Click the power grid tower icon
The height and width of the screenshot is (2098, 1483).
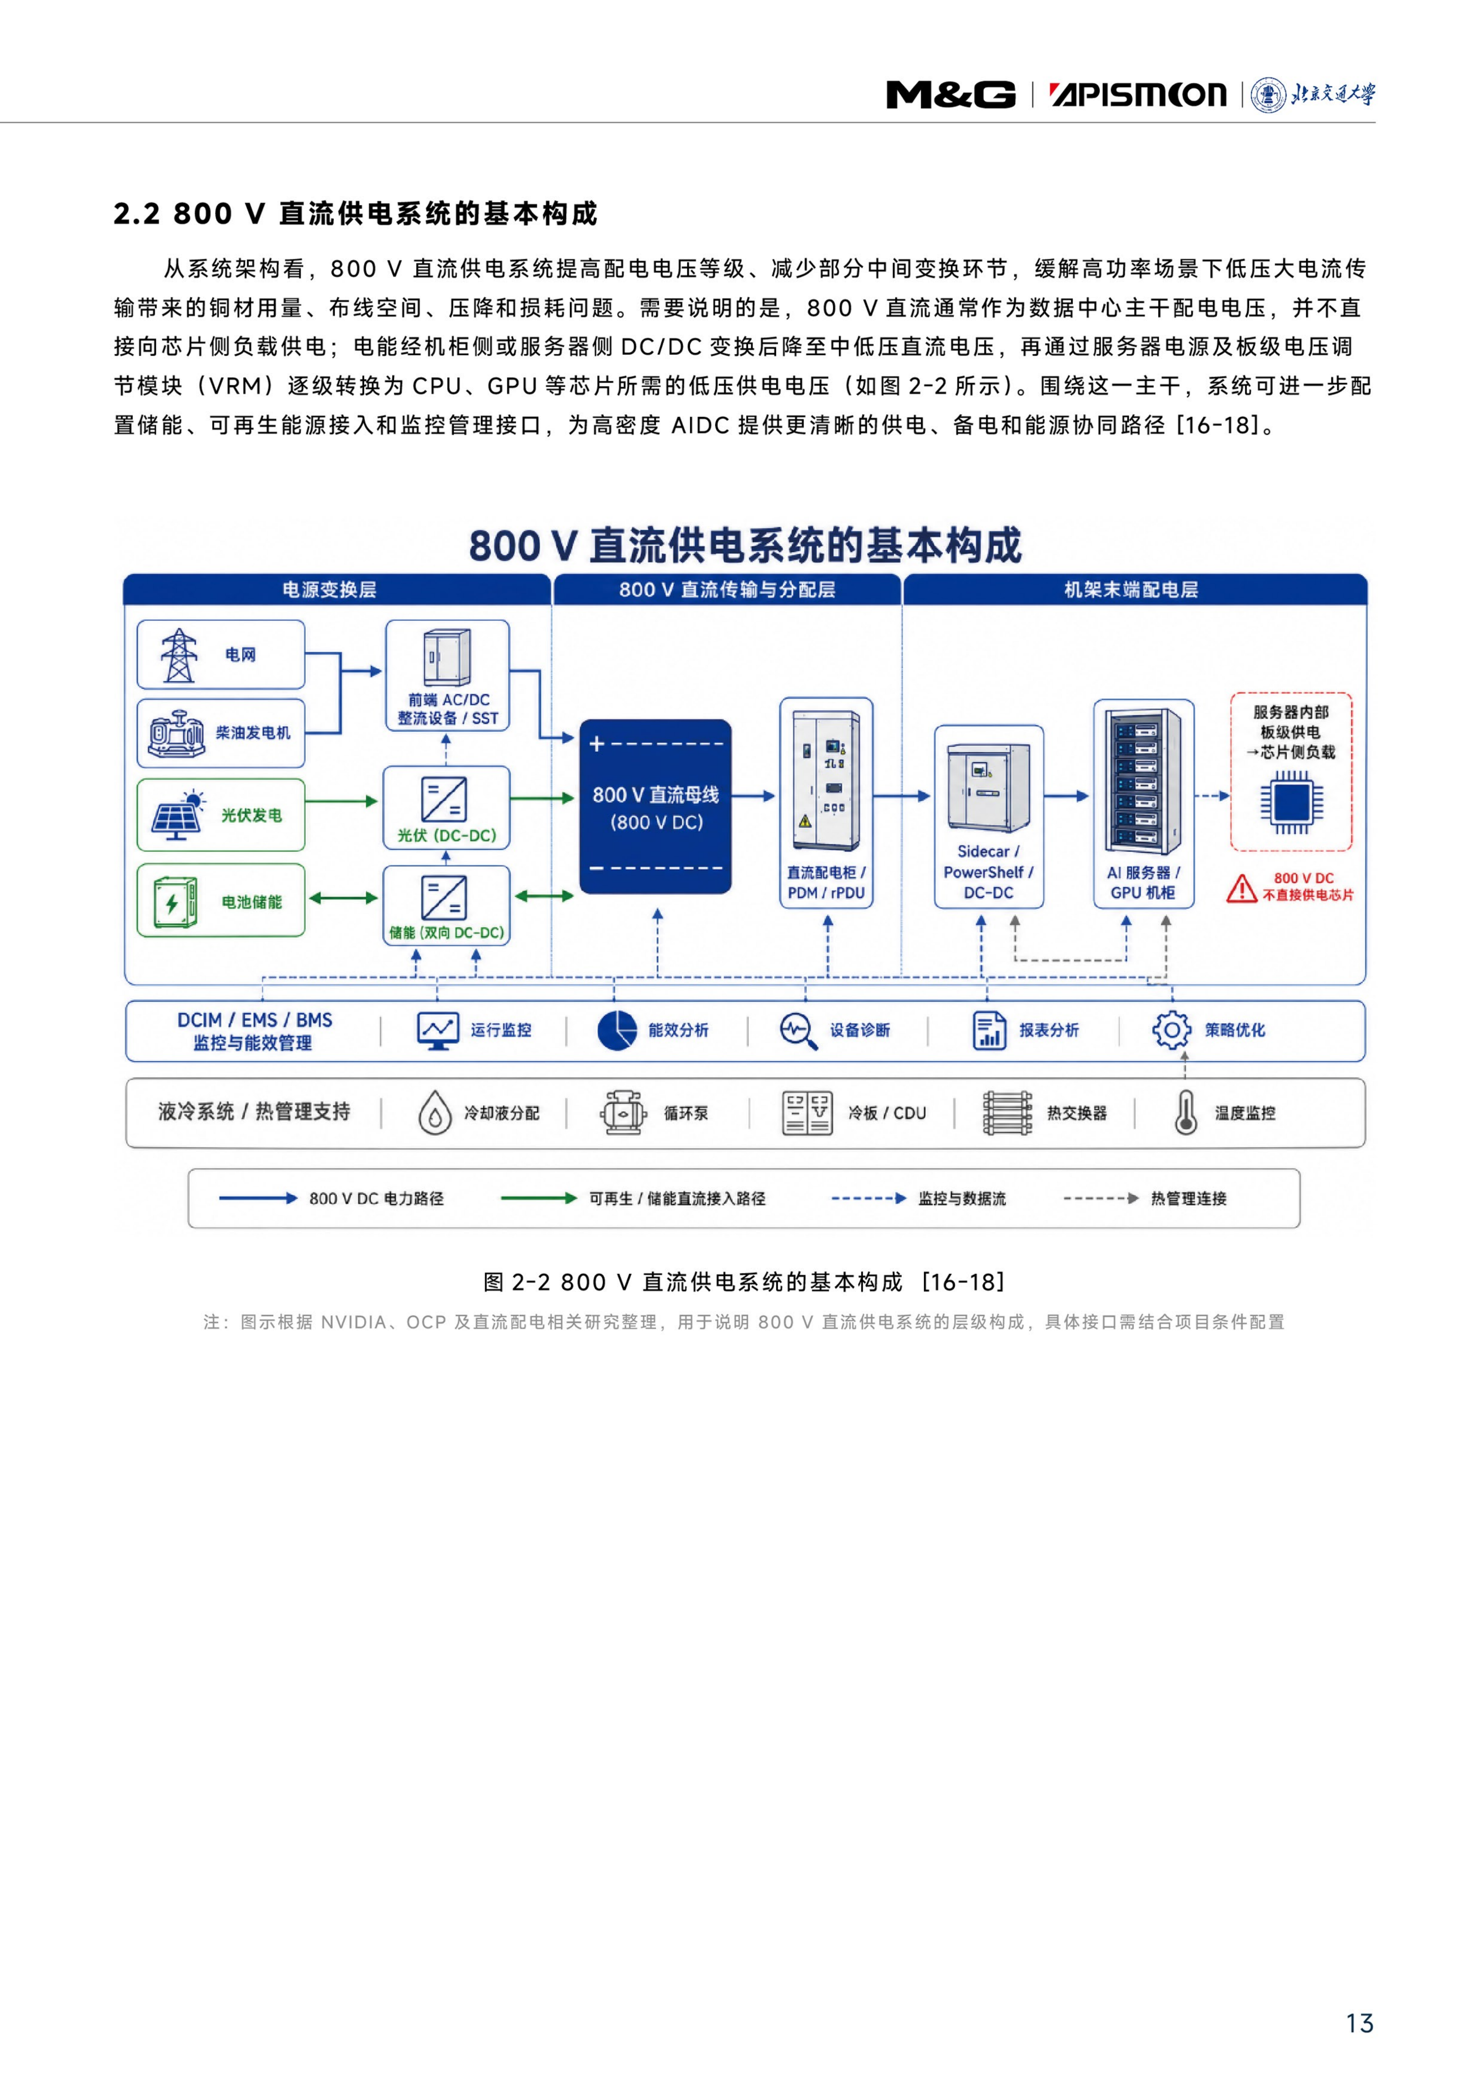click(x=178, y=655)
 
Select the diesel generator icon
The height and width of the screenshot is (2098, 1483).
click(x=176, y=733)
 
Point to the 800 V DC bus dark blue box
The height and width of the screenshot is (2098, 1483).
click(x=655, y=807)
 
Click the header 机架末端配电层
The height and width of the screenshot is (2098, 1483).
click(x=1131, y=589)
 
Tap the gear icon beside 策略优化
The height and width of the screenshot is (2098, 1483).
click(x=1171, y=1030)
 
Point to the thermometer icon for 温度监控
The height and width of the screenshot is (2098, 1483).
click(x=1185, y=1112)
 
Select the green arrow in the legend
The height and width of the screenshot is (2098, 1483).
click(x=539, y=1198)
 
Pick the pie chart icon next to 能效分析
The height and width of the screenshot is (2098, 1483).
click(x=617, y=1030)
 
